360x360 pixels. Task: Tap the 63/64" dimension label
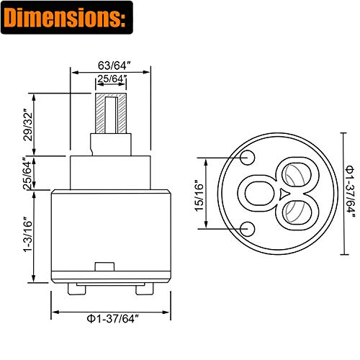coord(114,66)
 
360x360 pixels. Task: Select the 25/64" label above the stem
coord(112,78)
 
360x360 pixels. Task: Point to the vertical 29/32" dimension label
coord(27,125)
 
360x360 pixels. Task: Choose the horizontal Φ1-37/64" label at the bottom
coord(113,319)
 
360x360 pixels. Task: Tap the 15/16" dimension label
coord(199,196)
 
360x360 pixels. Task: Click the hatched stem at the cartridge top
coord(111,113)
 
